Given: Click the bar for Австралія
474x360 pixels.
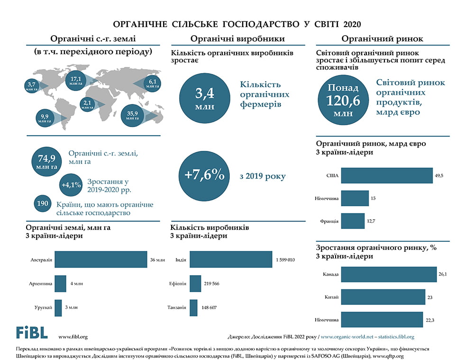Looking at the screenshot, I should [101, 260].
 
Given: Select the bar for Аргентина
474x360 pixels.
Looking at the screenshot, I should [60, 284].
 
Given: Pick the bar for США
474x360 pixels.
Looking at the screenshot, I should [387, 175].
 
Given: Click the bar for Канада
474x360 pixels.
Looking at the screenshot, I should [389, 275].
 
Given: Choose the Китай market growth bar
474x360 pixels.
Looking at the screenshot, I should [383, 297].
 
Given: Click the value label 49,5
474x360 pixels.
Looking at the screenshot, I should [439, 175].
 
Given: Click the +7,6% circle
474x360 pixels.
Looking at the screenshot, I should [205, 175].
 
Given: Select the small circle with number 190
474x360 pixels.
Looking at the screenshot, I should [43, 203].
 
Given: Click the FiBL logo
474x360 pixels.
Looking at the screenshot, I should [32, 332].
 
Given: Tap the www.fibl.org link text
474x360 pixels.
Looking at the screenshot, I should [73, 337].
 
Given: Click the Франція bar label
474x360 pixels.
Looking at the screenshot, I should [329, 221].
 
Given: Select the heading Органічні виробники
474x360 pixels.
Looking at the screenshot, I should [237, 39].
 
